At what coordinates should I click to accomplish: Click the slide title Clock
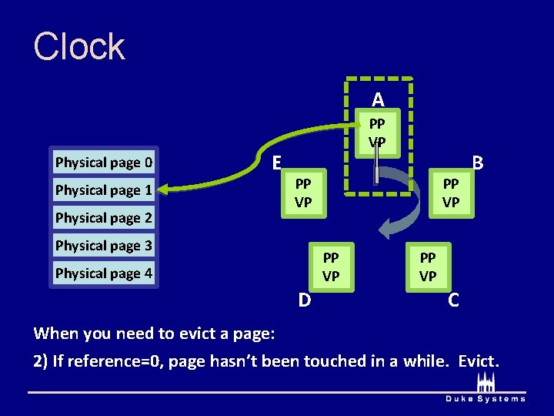[x=78, y=46]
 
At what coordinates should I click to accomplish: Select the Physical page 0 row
[x=104, y=163]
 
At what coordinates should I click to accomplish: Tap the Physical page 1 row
[x=104, y=190]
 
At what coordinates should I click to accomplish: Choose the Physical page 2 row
[x=104, y=218]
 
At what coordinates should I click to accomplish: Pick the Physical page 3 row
[x=104, y=246]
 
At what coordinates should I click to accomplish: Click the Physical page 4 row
[x=104, y=273]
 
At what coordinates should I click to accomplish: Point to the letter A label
[x=377, y=99]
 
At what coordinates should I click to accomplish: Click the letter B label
[x=478, y=163]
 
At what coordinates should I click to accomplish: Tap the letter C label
[x=454, y=300]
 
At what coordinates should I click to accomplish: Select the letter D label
[x=305, y=299]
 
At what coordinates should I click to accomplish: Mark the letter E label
[x=276, y=162]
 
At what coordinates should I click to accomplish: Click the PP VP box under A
[x=377, y=133]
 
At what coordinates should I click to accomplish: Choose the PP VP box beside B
[x=451, y=193]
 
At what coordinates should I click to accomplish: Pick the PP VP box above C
[x=428, y=267]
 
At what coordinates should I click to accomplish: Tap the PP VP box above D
[x=331, y=267]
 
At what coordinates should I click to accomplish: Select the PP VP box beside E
[x=303, y=193]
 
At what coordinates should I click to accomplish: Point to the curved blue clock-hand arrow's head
[x=389, y=226]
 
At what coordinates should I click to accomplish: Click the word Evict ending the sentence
[x=478, y=361]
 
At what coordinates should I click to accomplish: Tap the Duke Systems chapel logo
[x=486, y=383]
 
